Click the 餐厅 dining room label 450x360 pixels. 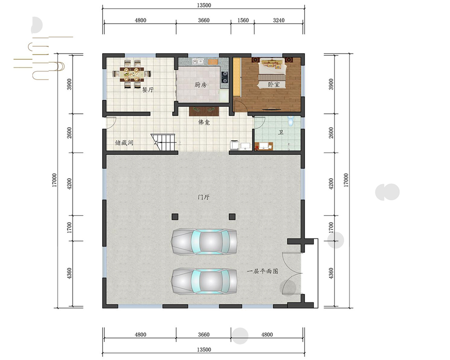click(148, 90)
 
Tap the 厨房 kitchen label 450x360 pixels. click(200, 85)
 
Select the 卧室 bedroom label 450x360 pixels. click(274, 85)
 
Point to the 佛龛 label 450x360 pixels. click(204, 122)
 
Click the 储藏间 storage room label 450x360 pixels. click(124, 142)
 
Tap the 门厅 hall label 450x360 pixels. click(203, 197)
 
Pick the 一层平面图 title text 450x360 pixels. click(263, 271)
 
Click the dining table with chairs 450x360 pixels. click(132, 74)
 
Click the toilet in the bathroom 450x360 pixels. click(291, 121)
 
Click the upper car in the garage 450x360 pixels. click(204, 242)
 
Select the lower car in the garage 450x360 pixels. click(204, 281)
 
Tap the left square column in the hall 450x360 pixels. click(175, 217)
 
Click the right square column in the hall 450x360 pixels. click(232, 217)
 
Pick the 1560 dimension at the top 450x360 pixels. click(243, 20)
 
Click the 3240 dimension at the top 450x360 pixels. click(279, 20)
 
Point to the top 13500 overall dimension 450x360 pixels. click(204, 5)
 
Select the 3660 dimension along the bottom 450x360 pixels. click(203, 334)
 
